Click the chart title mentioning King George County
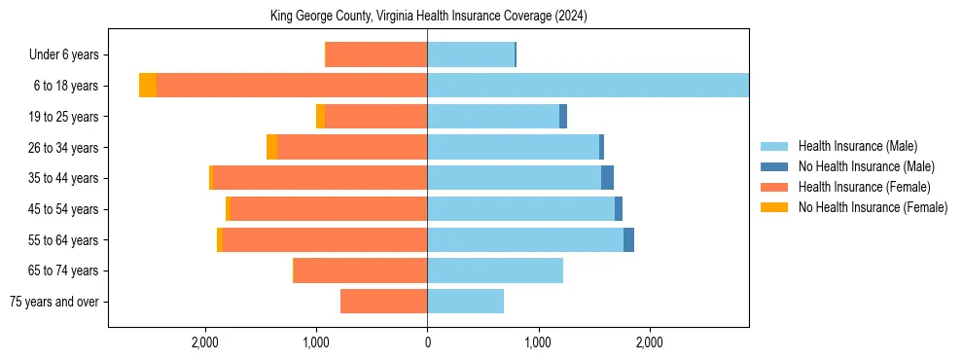click(x=428, y=17)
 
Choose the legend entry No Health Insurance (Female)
click(x=873, y=207)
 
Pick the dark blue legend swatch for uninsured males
click(x=775, y=166)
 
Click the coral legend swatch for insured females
click(x=775, y=187)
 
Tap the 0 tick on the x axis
click(x=427, y=342)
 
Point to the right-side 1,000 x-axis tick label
click(x=538, y=342)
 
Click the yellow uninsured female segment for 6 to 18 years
click(x=148, y=86)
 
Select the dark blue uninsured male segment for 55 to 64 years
click(x=628, y=239)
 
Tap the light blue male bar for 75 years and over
click(x=465, y=302)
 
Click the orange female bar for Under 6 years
click(x=375, y=54)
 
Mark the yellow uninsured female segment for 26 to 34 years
click(x=271, y=147)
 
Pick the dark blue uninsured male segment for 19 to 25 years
click(x=563, y=117)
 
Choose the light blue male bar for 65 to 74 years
click(x=495, y=270)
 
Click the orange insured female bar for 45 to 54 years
click(x=329, y=209)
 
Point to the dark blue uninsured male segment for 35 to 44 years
click(x=607, y=178)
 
